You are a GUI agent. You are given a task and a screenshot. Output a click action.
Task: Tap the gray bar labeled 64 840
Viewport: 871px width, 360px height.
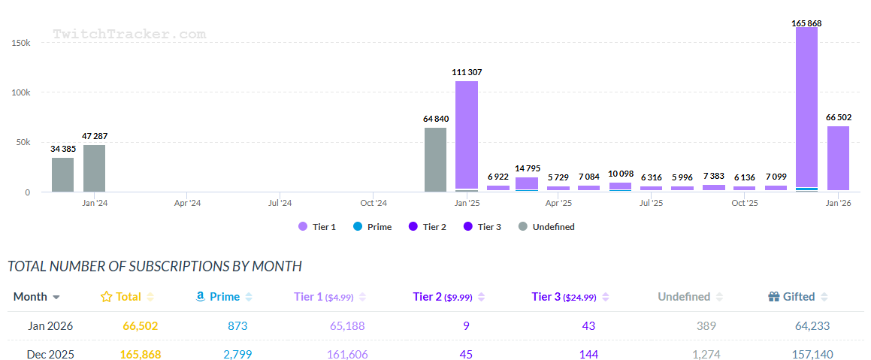(x=435, y=159)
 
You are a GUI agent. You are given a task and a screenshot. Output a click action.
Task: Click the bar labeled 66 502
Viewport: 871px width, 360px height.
(x=838, y=158)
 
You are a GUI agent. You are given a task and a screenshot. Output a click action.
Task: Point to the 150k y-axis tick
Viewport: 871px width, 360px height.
(x=20, y=43)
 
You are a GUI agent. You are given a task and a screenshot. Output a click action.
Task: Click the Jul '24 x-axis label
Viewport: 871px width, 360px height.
(x=280, y=203)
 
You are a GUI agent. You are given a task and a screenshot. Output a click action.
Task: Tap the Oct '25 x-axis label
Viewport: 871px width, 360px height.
(x=744, y=203)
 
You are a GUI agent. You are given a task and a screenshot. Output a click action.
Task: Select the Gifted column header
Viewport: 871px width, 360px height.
(x=798, y=296)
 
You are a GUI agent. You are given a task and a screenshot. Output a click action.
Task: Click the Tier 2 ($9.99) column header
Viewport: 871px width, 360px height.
(x=448, y=296)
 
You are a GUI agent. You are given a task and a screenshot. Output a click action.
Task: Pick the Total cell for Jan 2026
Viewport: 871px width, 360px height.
(x=141, y=325)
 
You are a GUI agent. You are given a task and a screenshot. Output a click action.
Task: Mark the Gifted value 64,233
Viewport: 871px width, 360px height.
(x=812, y=325)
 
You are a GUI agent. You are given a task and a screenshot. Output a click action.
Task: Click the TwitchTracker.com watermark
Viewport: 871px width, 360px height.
(x=129, y=34)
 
